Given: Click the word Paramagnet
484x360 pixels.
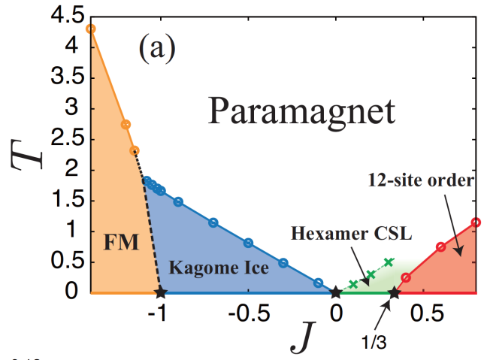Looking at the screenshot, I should click(301, 111).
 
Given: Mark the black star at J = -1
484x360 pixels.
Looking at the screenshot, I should click(159, 292).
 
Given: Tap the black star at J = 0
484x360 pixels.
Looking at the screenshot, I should click(335, 292).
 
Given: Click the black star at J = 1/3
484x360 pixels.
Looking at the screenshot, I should click(394, 292).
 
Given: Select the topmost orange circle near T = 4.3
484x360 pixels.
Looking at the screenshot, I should click(91, 29).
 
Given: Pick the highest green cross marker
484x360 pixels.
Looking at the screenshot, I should click(389, 262).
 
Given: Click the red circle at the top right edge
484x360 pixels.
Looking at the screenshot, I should click(476, 222).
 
